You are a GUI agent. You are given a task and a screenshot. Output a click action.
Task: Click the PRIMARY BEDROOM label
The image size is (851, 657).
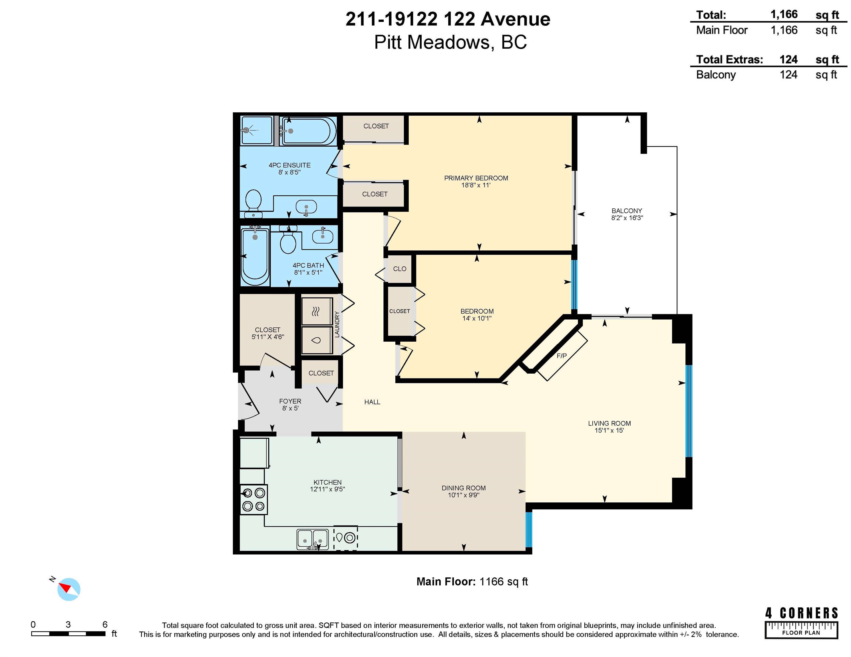pos(476,178)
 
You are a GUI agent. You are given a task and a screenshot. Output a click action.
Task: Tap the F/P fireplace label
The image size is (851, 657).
pos(562,356)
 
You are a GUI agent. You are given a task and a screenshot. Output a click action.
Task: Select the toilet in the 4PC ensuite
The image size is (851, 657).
pos(253,203)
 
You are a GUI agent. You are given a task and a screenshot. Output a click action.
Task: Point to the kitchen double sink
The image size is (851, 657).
pos(313,539)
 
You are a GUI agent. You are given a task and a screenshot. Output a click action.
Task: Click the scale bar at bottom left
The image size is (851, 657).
pos(68,634)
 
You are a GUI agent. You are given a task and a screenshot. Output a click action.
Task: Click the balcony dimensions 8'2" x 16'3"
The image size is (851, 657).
pos(627,218)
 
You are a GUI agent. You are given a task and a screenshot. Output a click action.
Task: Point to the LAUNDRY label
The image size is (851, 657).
pos(337,324)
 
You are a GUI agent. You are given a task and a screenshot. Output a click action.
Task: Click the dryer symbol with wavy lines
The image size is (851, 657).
pos(316,311)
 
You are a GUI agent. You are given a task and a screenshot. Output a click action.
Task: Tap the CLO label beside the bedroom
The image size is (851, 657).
pos(400,269)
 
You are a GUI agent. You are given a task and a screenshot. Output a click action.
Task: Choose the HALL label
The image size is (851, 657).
pos(372,402)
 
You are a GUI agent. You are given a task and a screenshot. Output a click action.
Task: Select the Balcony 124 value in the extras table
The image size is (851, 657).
pos(788,75)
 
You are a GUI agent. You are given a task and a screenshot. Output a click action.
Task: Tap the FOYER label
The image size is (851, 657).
pos(290,401)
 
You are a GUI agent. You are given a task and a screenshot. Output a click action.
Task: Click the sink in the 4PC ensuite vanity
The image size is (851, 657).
pos(306,207)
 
